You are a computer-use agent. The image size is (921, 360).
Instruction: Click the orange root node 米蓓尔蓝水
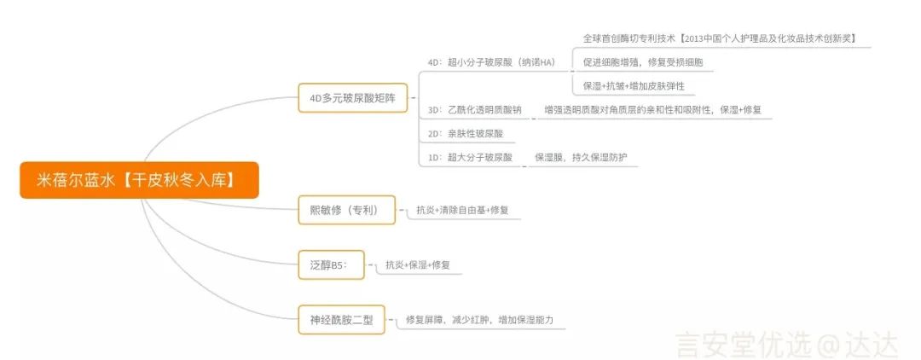coord(139,181)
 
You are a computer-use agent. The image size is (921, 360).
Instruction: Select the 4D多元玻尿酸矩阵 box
coord(352,97)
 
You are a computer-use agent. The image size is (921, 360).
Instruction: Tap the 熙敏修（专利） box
coord(346,209)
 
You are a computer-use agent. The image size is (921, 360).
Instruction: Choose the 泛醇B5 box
coord(331,264)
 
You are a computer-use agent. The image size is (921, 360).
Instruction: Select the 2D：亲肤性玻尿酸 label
coord(466,134)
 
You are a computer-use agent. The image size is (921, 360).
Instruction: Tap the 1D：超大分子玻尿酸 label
coord(470,158)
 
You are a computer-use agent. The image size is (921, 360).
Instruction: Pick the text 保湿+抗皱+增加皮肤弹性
coord(634,86)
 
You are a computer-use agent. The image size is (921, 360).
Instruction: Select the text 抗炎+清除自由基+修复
coord(462,209)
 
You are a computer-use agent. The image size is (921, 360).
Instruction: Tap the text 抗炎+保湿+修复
coord(418,264)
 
